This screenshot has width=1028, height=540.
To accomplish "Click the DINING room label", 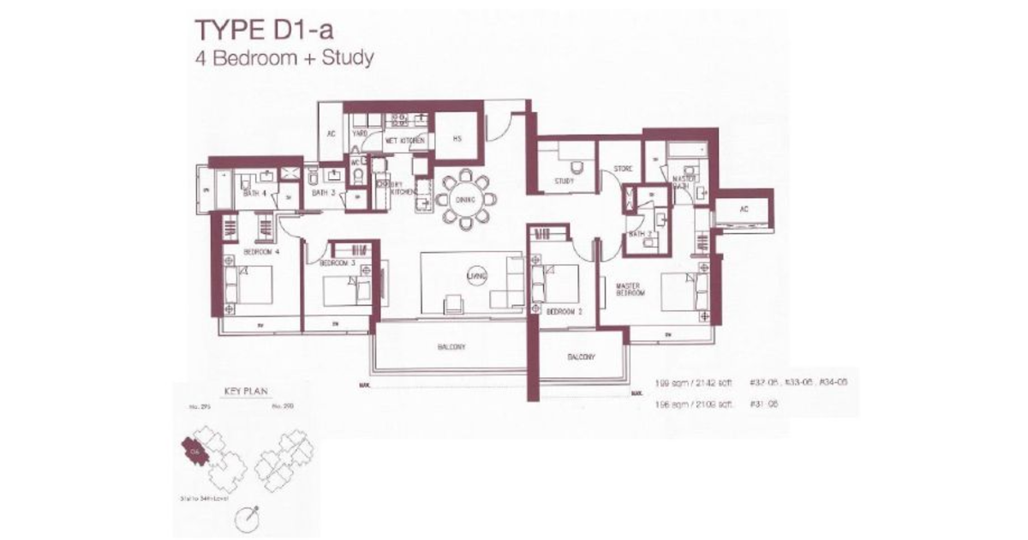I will (465, 200).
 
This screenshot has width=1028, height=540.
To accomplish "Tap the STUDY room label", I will (564, 182).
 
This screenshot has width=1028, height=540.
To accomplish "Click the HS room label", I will (457, 139).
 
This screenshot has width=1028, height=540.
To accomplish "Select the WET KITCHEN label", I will (400, 139).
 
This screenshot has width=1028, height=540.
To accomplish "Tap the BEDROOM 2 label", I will (565, 311).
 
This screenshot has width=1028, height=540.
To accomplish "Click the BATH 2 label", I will (637, 233).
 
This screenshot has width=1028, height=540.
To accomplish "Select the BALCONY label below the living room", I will (448, 347).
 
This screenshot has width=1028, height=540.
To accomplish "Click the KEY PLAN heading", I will (246, 391).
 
